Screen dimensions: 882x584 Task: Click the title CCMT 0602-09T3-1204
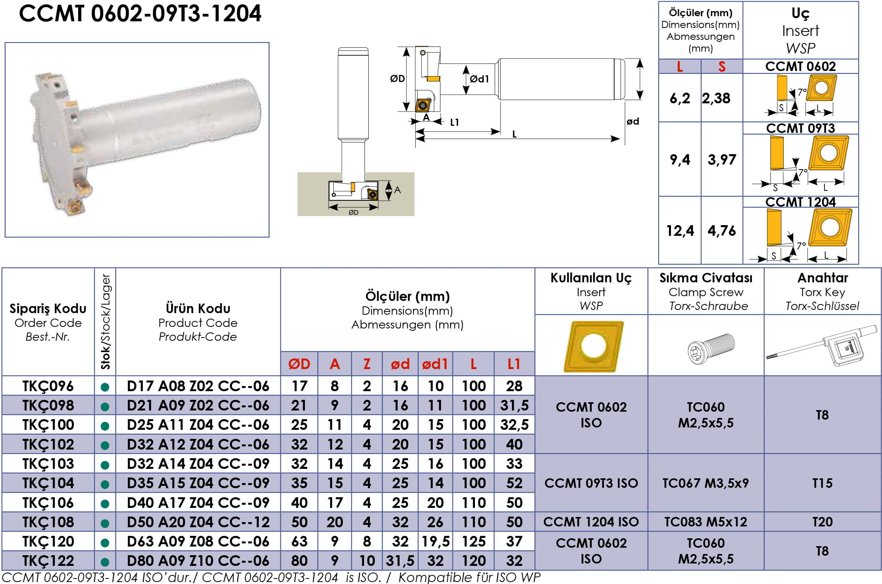pos(140,14)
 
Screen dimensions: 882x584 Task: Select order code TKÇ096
pos(48,386)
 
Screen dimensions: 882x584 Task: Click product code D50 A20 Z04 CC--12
pos(198,522)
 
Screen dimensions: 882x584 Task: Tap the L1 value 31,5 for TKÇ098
pos(514,405)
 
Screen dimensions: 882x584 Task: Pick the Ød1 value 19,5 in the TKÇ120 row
pos(435,541)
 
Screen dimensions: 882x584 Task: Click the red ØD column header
pos(299,364)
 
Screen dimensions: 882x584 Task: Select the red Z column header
pos(367,364)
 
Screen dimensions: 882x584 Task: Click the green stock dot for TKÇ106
pos(105,504)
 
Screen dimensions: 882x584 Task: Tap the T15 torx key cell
pos(822,483)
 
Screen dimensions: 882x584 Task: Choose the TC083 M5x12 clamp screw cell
pos(706,522)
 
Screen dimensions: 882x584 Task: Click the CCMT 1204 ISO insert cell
pos(591,522)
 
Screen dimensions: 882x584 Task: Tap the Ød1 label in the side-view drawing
pos(480,79)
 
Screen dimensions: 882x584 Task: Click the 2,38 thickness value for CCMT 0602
pos(716,98)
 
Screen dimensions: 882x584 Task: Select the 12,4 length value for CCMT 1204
pos(680,231)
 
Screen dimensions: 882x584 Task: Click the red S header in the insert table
pos(722,67)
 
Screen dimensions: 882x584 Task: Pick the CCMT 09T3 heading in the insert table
pos(800,128)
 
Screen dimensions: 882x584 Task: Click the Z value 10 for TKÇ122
pos(367,561)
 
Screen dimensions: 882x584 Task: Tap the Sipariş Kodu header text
pos(48,308)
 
